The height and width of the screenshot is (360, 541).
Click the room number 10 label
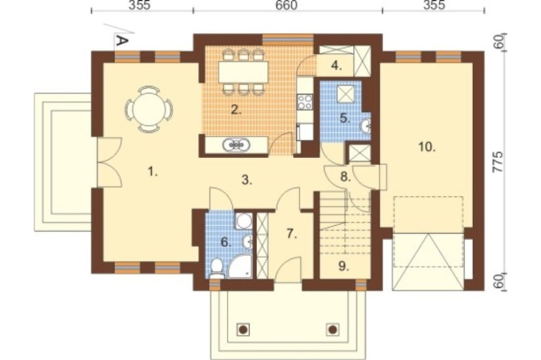tap(427, 147)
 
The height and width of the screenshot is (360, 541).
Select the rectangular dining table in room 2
tap(243, 72)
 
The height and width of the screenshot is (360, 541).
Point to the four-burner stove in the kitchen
tap(305, 102)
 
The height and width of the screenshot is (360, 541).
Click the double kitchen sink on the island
tap(237, 145)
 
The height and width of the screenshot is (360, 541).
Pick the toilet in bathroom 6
tap(216, 268)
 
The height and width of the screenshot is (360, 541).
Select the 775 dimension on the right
tap(498, 164)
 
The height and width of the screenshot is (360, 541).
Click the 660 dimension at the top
tap(287, 5)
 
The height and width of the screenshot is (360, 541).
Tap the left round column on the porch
tap(243, 330)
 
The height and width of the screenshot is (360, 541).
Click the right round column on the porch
tap(333, 330)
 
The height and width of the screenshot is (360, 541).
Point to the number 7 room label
tap(292, 234)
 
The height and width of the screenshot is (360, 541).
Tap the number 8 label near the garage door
tap(346, 177)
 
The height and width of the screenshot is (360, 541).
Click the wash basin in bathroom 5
tap(366, 126)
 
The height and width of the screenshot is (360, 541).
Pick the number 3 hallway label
tap(247, 179)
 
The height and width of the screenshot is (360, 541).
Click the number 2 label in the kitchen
tap(236, 110)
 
